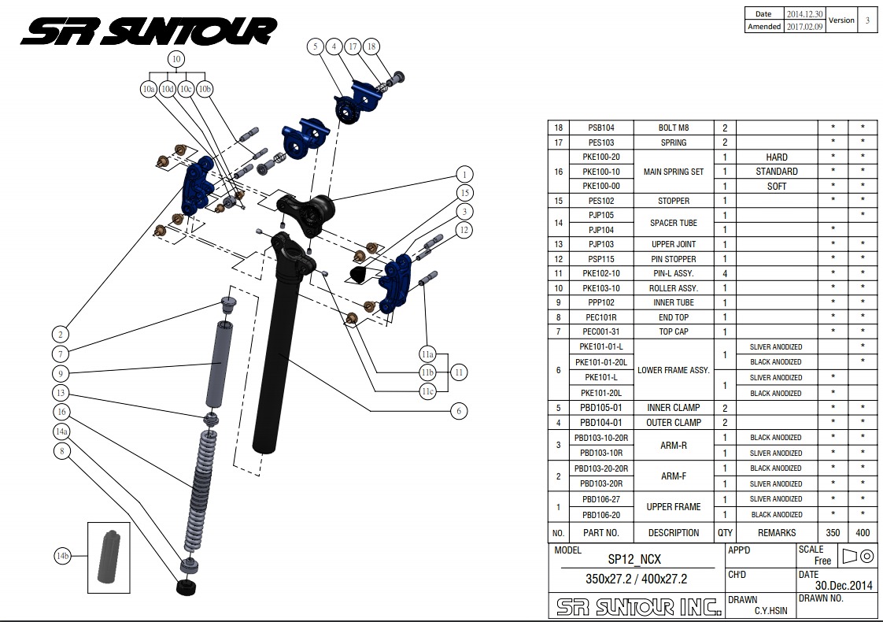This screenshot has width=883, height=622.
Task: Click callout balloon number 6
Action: click(457, 410)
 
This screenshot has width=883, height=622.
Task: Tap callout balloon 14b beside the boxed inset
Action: click(63, 557)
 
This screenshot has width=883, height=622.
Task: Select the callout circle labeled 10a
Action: click(149, 89)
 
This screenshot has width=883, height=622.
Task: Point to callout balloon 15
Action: click(466, 193)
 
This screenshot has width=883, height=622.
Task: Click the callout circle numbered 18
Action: click(372, 47)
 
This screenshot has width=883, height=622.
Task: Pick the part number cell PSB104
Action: click(601, 128)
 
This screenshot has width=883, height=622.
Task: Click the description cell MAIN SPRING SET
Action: click(673, 172)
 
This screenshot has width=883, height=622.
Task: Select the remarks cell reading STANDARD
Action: click(776, 172)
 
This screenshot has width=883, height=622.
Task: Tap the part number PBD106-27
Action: click(601, 499)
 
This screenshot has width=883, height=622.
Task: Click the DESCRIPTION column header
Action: click(673, 533)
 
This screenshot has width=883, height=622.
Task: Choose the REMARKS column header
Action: click(776, 533)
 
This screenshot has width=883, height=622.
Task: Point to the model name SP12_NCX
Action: click(634, 559)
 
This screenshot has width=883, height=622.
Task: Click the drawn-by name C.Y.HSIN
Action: click(772, 610)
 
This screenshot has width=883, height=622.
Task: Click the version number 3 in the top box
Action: click(867, 20)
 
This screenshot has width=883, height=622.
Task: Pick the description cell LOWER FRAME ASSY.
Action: click(673, 370)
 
